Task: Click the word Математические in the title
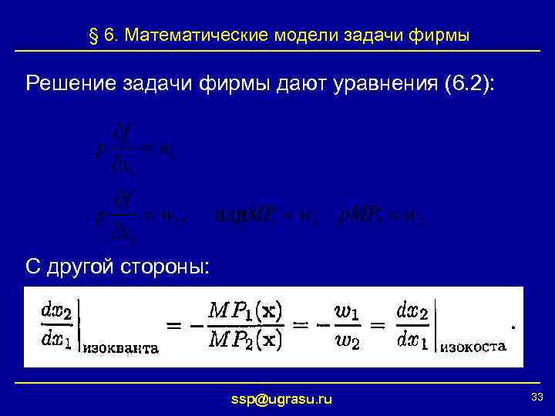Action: click(195, 35)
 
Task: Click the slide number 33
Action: click(537, 396)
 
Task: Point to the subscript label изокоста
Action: click(473, 347)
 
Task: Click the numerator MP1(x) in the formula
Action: click(245, 311)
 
